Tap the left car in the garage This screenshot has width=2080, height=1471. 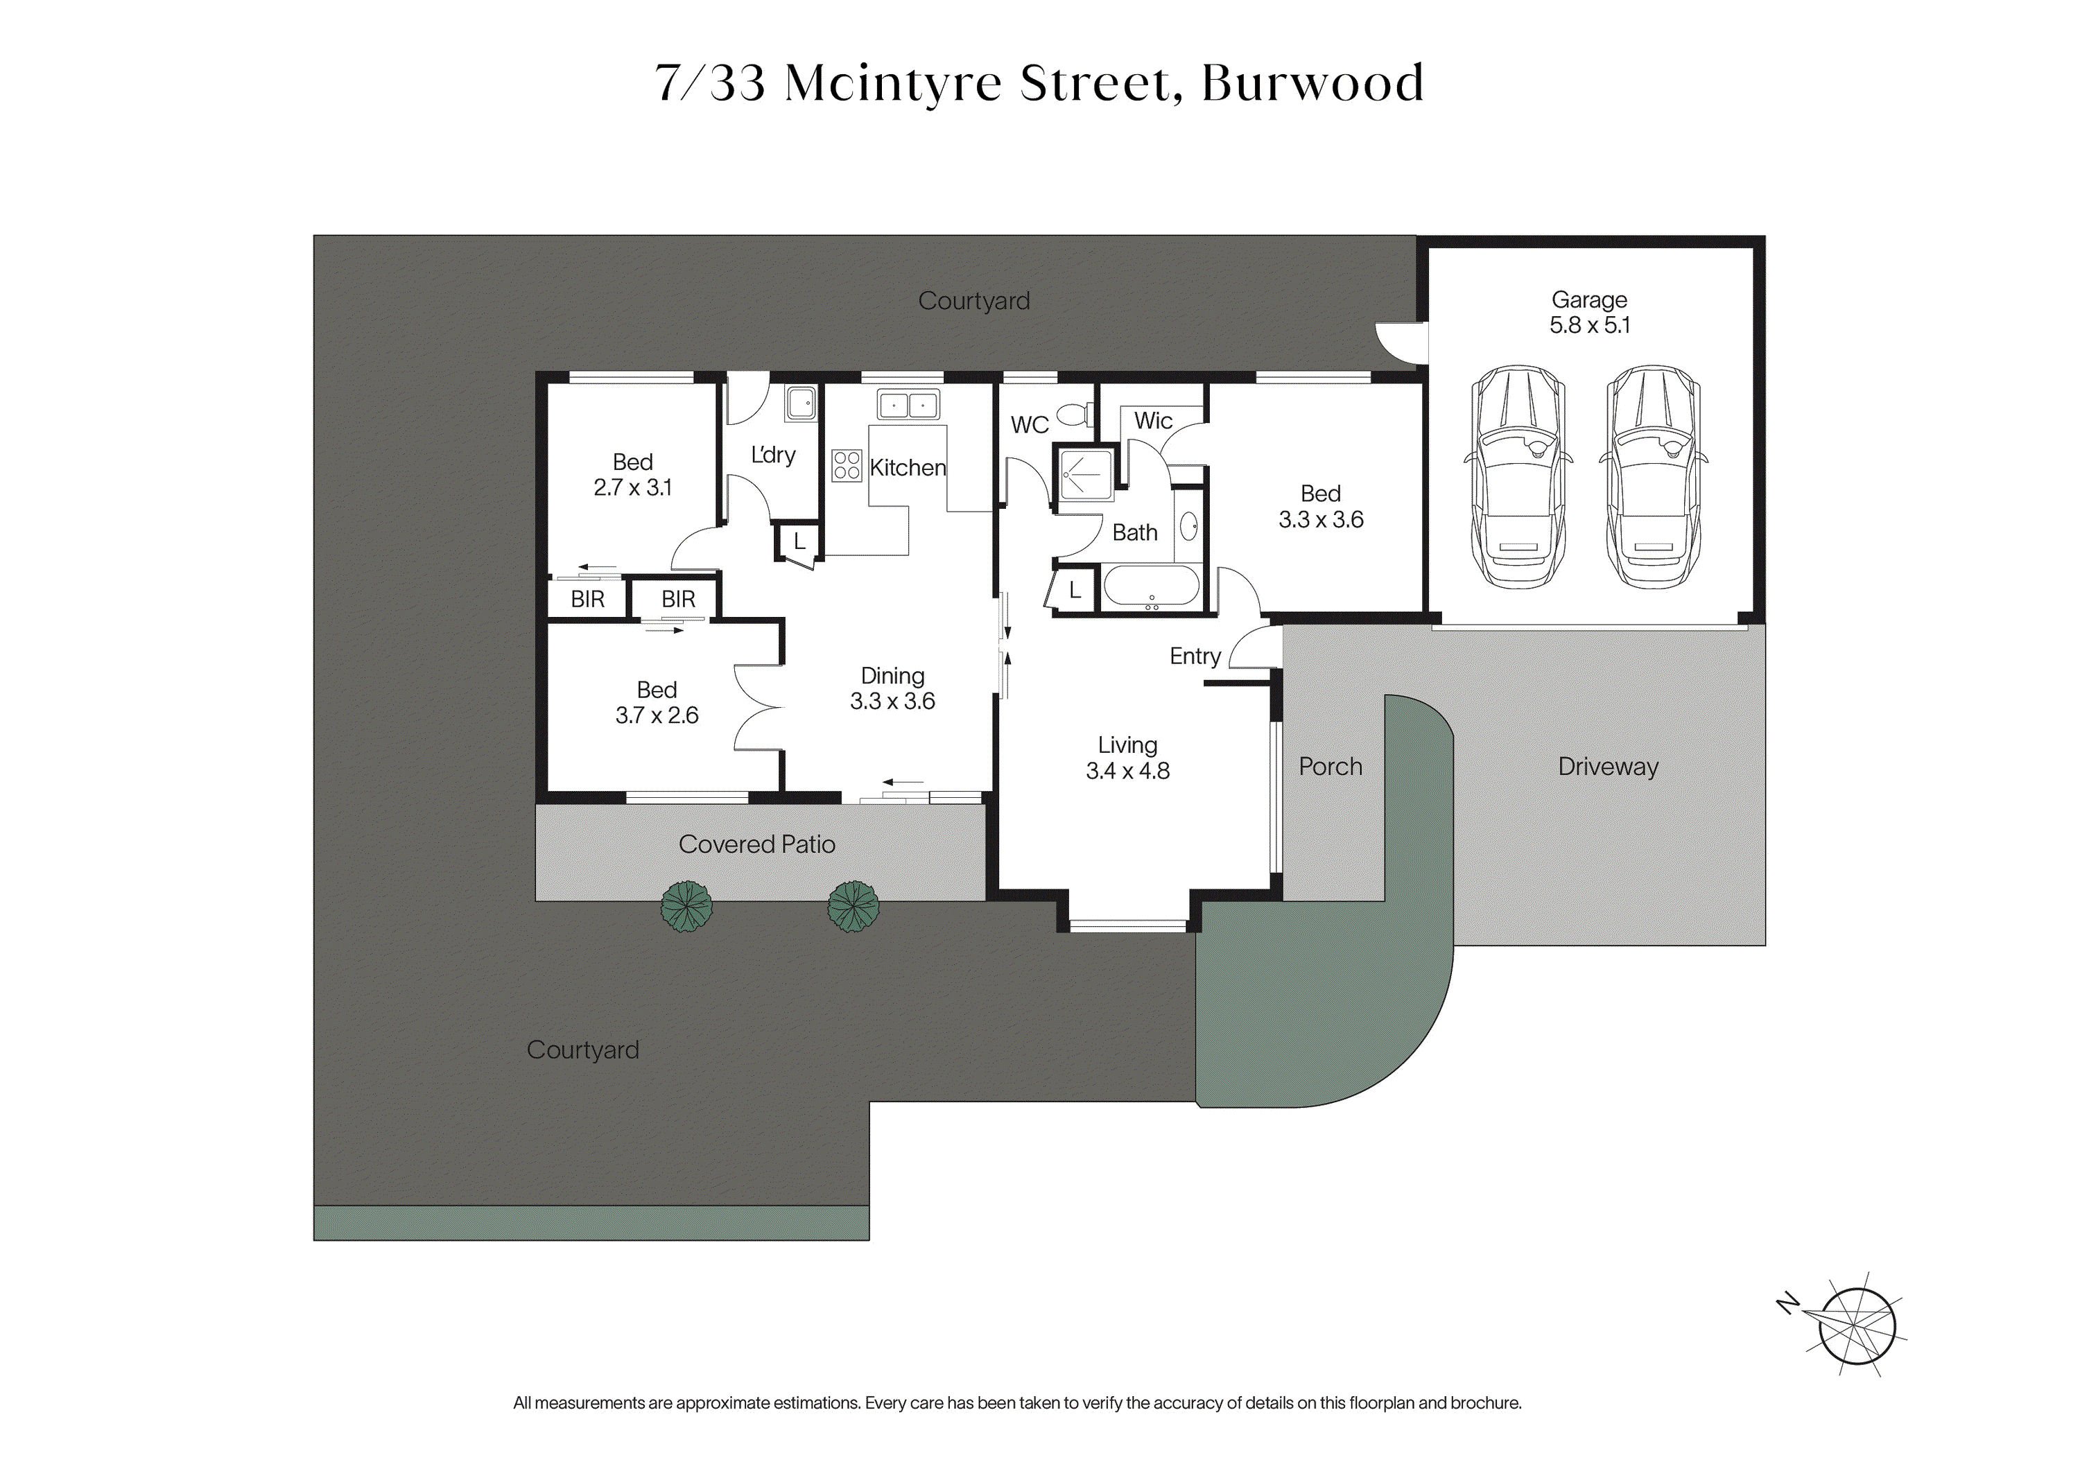[x=1518, y=478]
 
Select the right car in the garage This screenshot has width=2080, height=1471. [x=1654, y=478]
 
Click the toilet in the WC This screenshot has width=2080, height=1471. [x=1075, y=415]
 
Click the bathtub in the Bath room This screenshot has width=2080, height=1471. [x=1152, y=586]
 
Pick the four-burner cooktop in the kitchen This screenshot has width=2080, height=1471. [x=846, y=466]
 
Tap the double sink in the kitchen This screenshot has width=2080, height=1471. [x=908, y=405]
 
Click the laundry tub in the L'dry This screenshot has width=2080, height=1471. [x=801, y=402]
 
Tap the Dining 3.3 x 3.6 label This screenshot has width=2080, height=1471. [x=892, y=688]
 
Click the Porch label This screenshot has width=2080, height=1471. [x=1330, y=767]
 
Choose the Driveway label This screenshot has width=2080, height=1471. [x=1608, y=767]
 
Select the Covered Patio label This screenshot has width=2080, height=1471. [x=756, y=844]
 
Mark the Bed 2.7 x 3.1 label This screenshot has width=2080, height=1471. [x=632, y=475]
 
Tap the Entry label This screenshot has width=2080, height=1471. [x=1195, y=656]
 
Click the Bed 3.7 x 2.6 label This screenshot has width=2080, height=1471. [x=657, y=703]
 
